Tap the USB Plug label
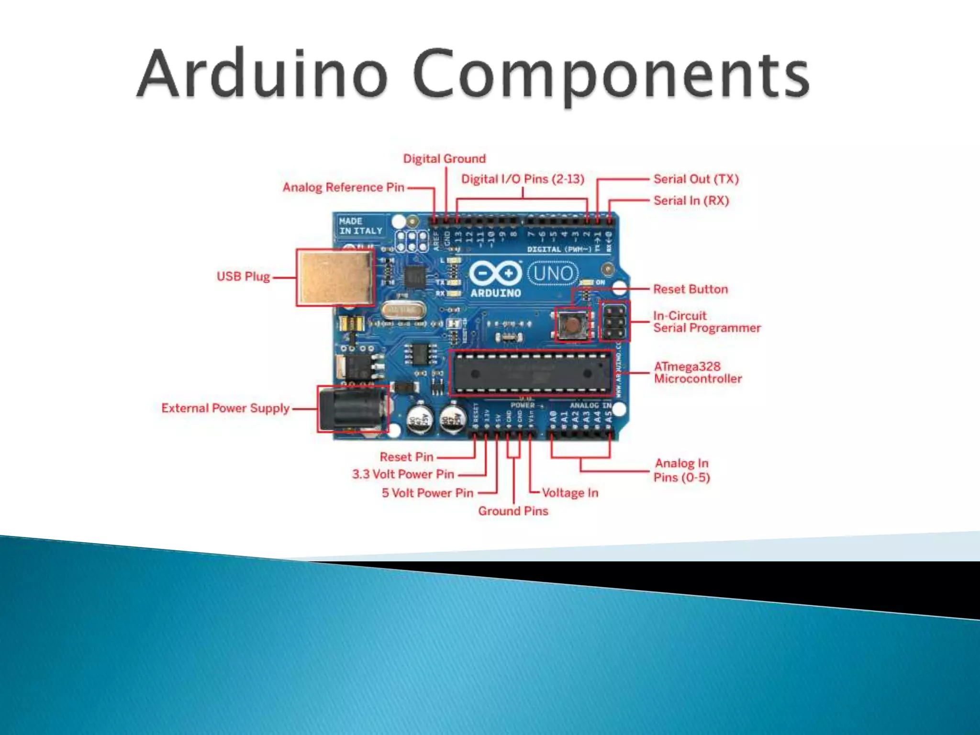coord(243,277)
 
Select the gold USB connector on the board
coord(335,278)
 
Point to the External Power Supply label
coord(225,408)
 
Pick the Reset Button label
coord(690,289)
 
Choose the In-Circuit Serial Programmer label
coord(706,322)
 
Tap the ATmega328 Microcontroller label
coord(698,372)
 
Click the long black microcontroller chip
coord(531,374)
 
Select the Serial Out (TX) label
coord(696,179)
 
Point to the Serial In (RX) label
coord(691,200)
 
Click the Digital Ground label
coord(444,158)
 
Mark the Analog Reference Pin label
coord(343,187)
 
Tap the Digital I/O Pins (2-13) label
coord(523,179)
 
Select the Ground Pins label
coord(513,511)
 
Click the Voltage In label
coord(570,493)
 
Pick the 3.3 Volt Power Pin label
coord(403,474)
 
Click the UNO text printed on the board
coord(553,274)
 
